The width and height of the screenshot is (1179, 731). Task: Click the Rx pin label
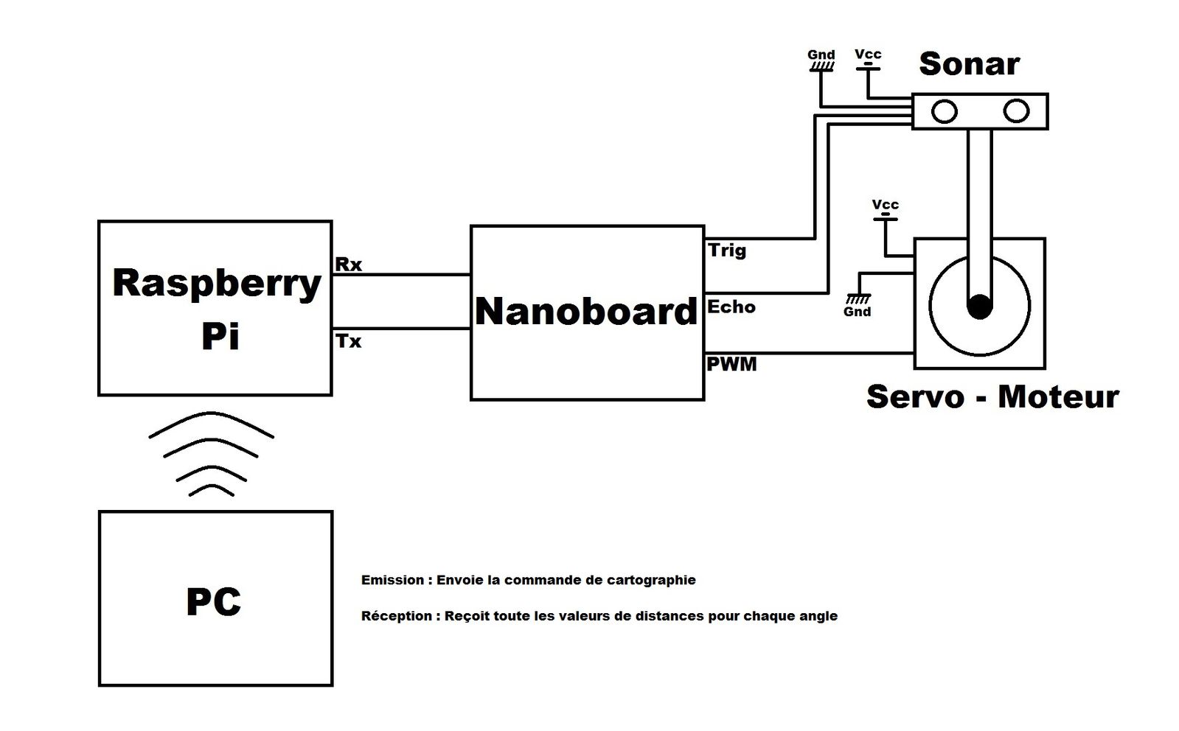pos(349,264)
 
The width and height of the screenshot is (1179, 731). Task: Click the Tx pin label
pos(349,341)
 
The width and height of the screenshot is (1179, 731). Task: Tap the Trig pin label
pos(727,251)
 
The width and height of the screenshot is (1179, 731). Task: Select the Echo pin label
pos(731,307)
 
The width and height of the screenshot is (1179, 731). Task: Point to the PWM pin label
pos(731,364)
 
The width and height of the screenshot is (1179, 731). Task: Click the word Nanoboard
pos(586,312)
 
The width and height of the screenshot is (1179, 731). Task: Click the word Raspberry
pos(217,284)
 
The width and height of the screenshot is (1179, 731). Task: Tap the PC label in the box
pos(214,602)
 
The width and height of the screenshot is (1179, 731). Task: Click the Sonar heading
pos(969,64)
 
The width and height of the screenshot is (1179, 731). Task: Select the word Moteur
pos(1058,396)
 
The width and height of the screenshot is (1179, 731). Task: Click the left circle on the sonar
pos(945,111)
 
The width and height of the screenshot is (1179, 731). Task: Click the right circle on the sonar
pos(1016,111)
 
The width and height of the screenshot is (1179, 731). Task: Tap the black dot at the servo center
pos(979,306)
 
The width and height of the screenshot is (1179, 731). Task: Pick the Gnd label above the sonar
pos(821,55)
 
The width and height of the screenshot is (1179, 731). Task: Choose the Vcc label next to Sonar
pos(868,54)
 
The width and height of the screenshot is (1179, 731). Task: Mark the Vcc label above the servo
pos(885,204)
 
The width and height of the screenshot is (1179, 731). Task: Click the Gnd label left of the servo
pos(858,312)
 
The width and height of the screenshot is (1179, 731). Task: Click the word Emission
pos(392,580)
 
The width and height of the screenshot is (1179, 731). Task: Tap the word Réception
pos(396,616)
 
